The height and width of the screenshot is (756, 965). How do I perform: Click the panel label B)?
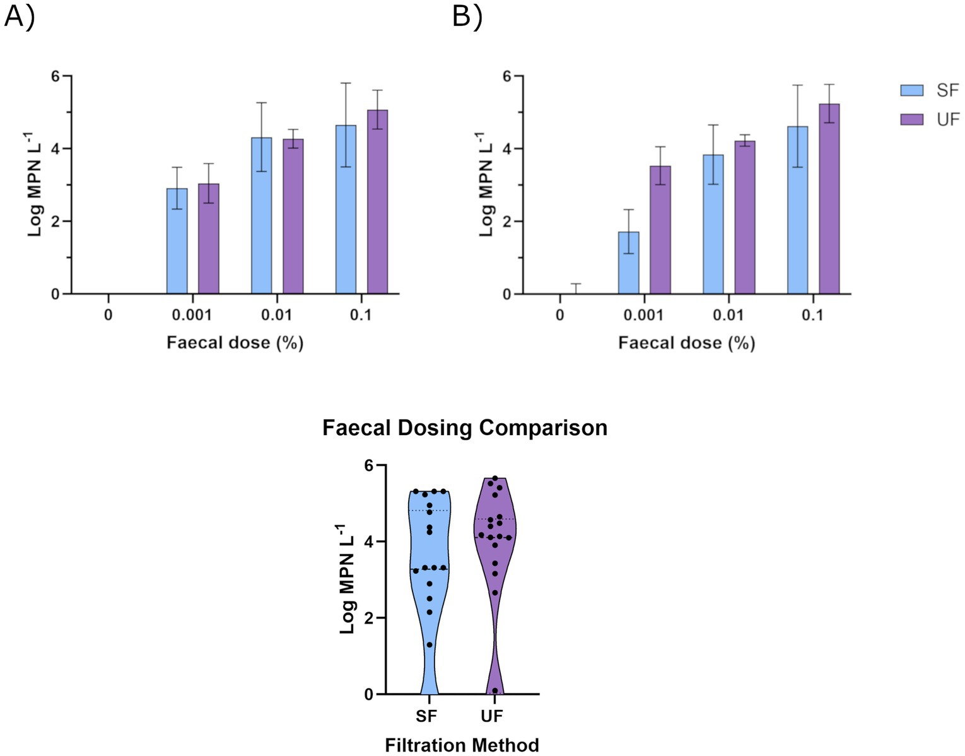[467, 16]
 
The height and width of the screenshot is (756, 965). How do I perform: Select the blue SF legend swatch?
[911, 90]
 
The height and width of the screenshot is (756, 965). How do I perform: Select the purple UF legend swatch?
[911, 119]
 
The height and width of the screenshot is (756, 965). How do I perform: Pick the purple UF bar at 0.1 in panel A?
[377, 202]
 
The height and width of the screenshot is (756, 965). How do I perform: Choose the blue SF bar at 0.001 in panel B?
[628, 263]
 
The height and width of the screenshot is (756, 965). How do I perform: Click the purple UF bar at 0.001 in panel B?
[660, 230]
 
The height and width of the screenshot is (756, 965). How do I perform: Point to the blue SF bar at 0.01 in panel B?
[713, 224]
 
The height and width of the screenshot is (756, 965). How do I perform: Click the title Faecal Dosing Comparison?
[465, 427]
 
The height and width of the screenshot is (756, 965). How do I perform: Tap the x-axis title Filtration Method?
[462, 745]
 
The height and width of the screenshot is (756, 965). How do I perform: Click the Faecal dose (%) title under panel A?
[235, 343]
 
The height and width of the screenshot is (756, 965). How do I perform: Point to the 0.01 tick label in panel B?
[728, 315]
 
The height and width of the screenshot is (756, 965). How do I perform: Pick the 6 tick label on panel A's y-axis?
[56, 76]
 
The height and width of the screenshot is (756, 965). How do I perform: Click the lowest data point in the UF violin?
[495, 690]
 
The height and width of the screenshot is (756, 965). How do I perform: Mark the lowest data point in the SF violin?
[430, 644]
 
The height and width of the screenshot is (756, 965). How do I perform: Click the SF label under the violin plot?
[426, 716]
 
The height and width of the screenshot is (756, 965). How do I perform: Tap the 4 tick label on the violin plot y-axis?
[368, 542]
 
